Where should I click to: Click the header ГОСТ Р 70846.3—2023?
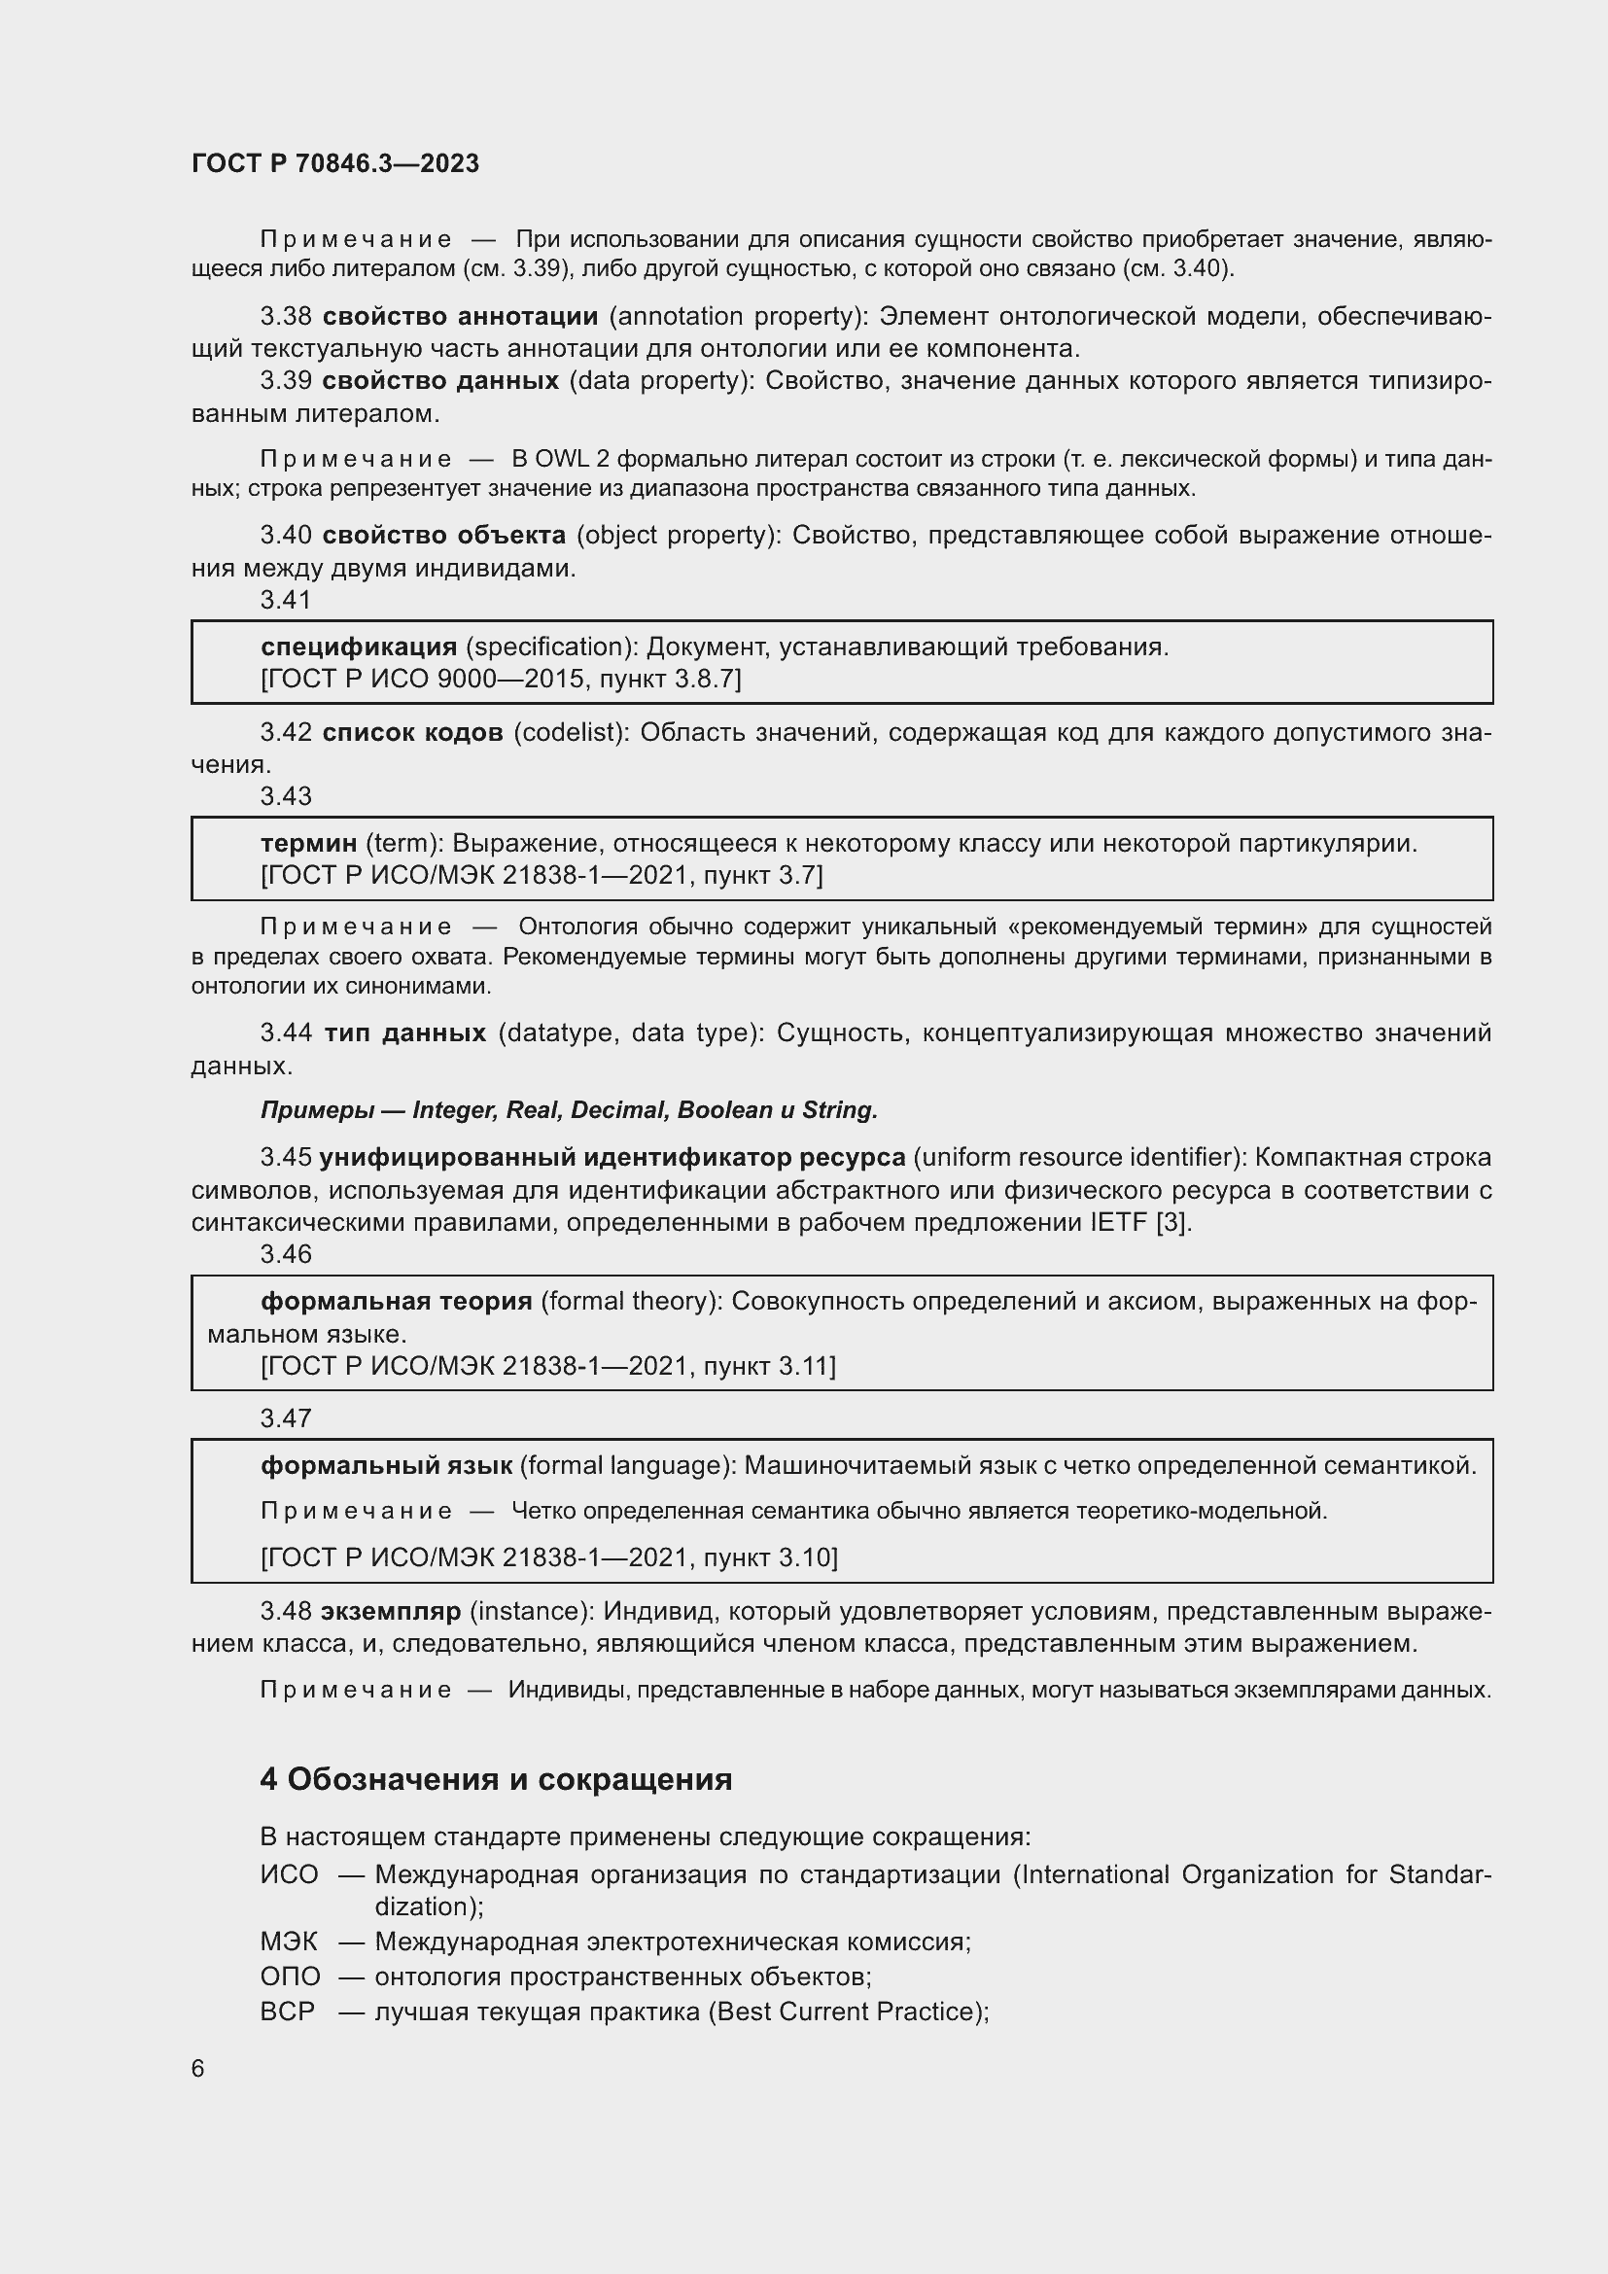[x=334, y=163]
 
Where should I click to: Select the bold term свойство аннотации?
[x=461, y=316]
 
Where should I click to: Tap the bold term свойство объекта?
[x=444, y=535]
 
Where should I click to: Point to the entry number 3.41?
[x=285, y=599]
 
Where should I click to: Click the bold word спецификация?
[x=359, y=647]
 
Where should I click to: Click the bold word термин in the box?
[x=308, y=843]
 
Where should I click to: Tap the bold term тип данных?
[x=405, y=1033]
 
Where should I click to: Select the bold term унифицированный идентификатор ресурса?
[x=612, y=1157]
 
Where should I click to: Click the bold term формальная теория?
[x=396, y=1301]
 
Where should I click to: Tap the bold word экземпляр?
[x=391, y=1611]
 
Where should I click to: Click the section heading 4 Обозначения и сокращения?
[x=495, y=1780]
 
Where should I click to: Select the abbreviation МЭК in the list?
[x=289, y=1942]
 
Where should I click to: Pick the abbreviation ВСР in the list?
[x=287, y=2012]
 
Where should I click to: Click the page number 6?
[x=198, y=2069]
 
